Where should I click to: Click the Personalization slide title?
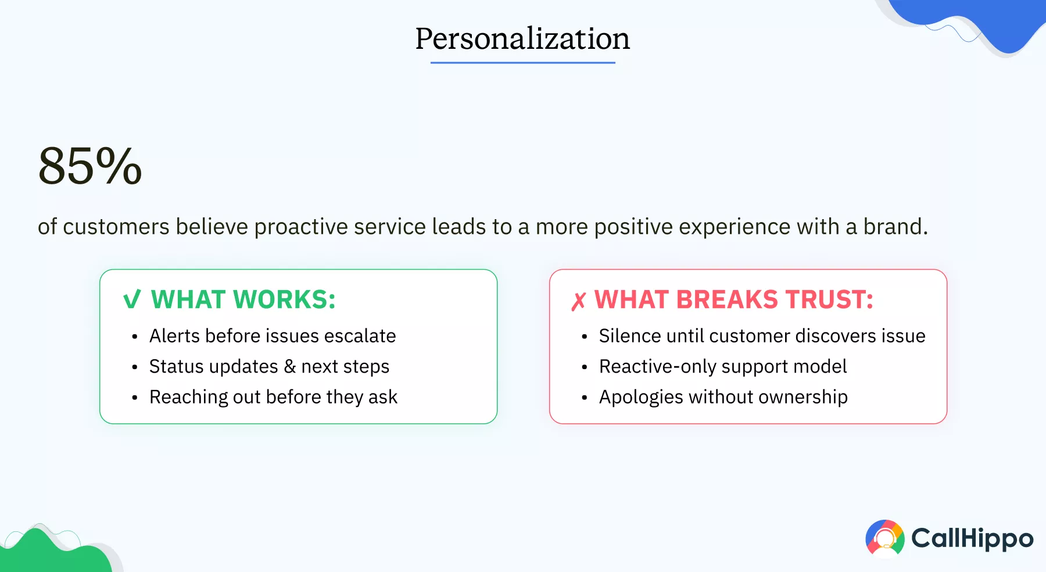[x=522, y=39]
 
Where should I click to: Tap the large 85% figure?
[x=90, y=166]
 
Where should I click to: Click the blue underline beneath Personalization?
[x=522, y=62]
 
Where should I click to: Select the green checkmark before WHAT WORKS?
[x=132, y=300]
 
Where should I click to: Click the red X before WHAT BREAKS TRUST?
[x=578, y=301]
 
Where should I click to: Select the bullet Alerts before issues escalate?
[x=272, y=336]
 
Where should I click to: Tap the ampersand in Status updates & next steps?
[x=289, y=367]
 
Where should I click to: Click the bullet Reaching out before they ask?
[x=273, y=397]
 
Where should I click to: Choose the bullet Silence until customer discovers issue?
[x=762, y=336]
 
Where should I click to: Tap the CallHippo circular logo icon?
[x=884, y=538]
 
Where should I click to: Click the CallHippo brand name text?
[x=972, y=538]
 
